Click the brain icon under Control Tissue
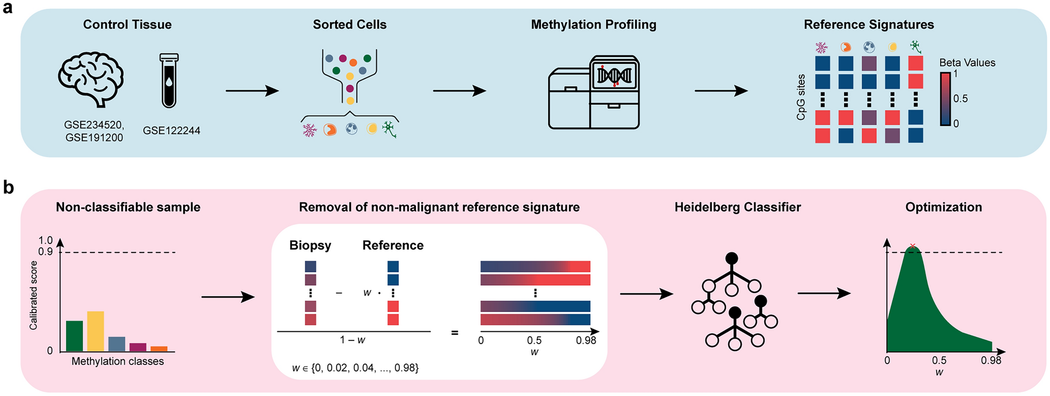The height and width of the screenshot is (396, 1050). [91, 79]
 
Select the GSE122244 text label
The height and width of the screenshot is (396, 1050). [171, 131]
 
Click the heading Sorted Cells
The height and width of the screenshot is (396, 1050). [349, 24]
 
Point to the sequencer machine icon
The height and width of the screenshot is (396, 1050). [594, 93]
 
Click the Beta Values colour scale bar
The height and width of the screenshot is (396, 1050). [945, 99]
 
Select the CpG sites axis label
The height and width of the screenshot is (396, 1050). [801, 97]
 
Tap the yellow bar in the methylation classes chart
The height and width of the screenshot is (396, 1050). [95, 331]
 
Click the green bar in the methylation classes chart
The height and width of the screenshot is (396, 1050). [75, 336]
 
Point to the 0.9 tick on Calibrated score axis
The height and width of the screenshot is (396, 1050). [46, 252]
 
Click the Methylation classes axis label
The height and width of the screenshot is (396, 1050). [117, 361]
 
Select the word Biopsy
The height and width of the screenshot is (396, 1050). [310, 245]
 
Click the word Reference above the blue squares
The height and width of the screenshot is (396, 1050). [393, 245]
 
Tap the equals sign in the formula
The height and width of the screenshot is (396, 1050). [454, 333]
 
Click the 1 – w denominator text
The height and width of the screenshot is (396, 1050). [352, 340]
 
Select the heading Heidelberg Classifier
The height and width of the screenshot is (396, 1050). [737, 207]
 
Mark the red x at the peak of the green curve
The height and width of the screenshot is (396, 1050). [912, 246]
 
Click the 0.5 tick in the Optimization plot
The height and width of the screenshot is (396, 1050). [939, 360]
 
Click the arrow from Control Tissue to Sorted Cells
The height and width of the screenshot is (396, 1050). [252, 91]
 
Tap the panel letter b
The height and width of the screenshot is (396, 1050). [8, 188]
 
